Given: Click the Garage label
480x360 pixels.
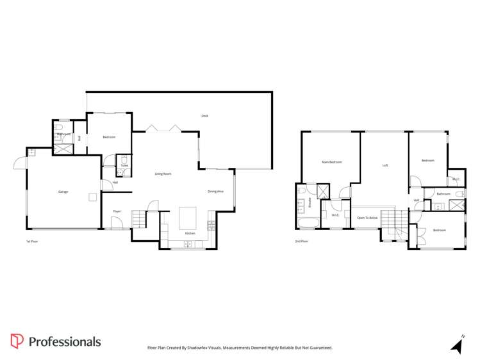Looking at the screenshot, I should coord(63,192).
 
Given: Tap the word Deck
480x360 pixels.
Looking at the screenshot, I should coord(204,116).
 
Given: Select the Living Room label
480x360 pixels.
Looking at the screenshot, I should coord(163,174).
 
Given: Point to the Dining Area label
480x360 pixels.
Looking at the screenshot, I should coord(215,192).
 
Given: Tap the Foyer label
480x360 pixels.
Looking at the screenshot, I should coord(117,211).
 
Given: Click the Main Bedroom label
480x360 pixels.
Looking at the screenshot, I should coord(331,162).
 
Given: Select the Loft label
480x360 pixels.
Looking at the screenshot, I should coord(385,165).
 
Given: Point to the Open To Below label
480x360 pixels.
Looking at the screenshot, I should coord(368,218).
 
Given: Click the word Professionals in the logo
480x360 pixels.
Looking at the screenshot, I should coord(64,341).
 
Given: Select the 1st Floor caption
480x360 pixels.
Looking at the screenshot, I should coord(32,241).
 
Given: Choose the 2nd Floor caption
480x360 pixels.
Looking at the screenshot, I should coord(301,241).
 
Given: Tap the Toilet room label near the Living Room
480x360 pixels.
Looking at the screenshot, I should coord(124,166).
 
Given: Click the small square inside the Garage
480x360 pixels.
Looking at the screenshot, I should coord(93,197).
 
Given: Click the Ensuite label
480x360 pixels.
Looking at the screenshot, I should coord(311,204).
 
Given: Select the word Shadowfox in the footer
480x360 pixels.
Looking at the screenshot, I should coord(207,347).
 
